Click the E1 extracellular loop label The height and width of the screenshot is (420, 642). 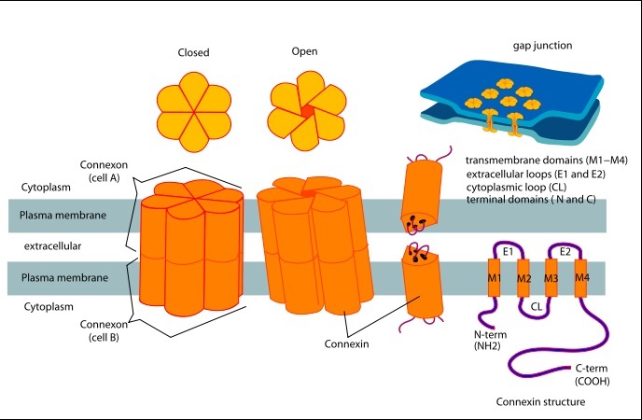509,252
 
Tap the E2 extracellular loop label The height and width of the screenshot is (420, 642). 565,252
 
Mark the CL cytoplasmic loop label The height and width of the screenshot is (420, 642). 537,303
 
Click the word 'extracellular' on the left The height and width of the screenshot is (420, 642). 48,246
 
